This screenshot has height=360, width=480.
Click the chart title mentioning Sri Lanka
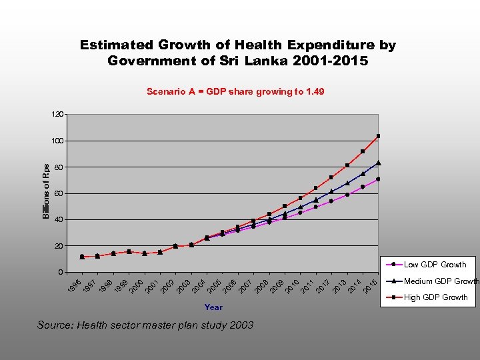point(238,53)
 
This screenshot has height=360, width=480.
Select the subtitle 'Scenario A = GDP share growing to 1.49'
point(235,91)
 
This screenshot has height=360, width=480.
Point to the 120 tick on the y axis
point(57,115)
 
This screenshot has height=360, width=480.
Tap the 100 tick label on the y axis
point(57,141)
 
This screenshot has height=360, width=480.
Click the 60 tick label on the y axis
point(59,194)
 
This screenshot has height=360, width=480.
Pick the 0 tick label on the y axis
point(61,272)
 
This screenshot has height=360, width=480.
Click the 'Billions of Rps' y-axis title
point(46,191)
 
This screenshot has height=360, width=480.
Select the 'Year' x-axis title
point(213,307)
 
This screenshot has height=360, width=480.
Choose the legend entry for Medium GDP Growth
point(441,281)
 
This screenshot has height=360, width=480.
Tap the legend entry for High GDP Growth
point(435,297)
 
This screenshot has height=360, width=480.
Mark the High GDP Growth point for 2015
point(378,136)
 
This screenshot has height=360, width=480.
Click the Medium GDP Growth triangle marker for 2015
point(378,163)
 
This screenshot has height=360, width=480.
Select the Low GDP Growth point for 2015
point(378,179)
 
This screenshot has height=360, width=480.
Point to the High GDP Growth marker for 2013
point(347,165)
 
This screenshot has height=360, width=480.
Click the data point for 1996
point(82,257)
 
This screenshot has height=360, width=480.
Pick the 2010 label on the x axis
point(293,285)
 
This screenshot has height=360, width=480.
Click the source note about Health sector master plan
point(145,325)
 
